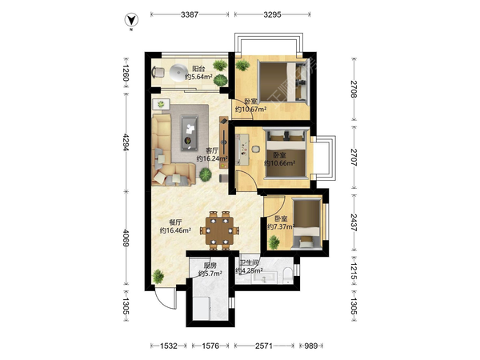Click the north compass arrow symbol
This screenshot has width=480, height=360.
[131, 20]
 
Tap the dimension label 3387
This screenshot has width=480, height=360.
[190, 14]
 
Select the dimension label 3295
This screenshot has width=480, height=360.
[272, 14]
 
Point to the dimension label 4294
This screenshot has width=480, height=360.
[126, 142]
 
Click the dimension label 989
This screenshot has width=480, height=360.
[310, 346]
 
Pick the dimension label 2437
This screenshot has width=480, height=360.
[354, 222]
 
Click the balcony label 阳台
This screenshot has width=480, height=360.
[198, 69]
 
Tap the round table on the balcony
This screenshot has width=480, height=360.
[178, 73]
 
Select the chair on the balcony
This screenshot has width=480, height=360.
[158, 72]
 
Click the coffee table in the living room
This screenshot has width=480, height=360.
[190, 133]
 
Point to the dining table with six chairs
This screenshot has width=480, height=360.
[219, 230]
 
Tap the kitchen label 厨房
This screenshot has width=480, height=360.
[210, 266]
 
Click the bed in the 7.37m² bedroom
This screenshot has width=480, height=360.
[306, 224]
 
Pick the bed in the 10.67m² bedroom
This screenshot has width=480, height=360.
[283, 81]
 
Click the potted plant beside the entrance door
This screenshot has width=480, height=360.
[158, 276]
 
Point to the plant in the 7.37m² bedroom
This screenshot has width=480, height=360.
[274, 242]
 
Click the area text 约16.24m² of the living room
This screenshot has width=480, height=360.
[212, 158]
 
